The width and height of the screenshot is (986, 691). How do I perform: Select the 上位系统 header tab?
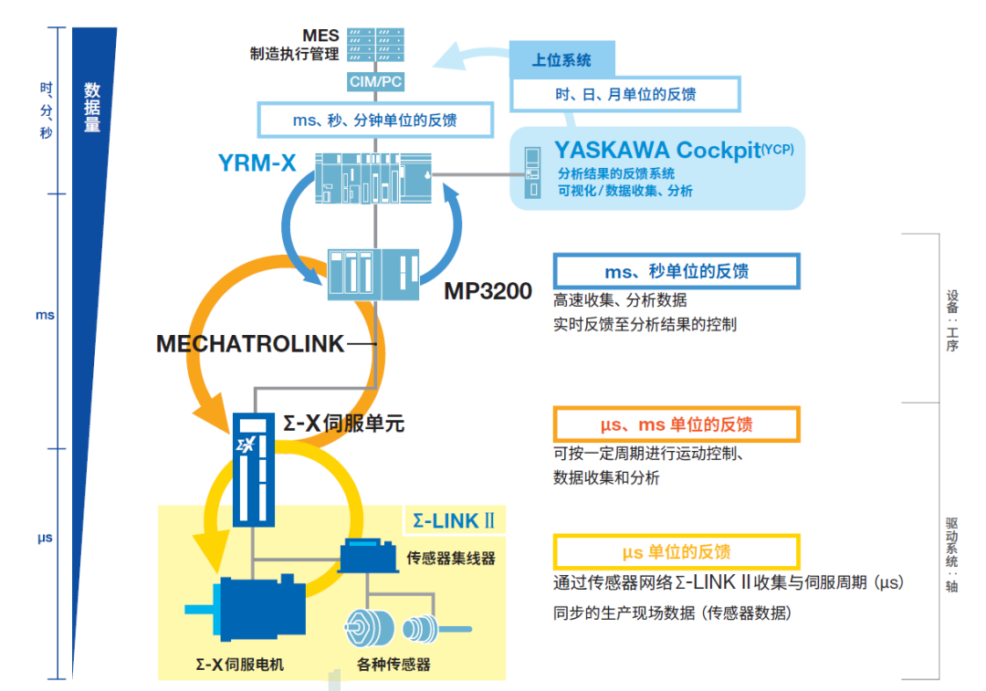561,60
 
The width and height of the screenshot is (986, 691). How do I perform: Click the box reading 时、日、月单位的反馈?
625,94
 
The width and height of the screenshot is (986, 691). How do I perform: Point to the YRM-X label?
257,163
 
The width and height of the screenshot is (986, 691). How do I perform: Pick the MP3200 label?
488,291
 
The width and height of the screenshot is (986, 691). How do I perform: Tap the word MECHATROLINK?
251,343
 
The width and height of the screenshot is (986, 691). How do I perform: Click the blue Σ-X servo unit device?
253,469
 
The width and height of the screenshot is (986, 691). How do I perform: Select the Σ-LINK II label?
454,520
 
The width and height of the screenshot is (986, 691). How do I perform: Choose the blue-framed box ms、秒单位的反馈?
677,271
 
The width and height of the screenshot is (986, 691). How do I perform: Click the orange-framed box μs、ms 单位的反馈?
677,424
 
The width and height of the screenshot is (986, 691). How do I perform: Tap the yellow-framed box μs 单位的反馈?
677,551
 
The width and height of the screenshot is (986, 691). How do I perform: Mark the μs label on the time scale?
45,538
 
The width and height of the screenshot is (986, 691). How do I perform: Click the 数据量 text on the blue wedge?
92,108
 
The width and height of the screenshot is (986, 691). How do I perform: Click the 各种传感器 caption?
393,665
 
